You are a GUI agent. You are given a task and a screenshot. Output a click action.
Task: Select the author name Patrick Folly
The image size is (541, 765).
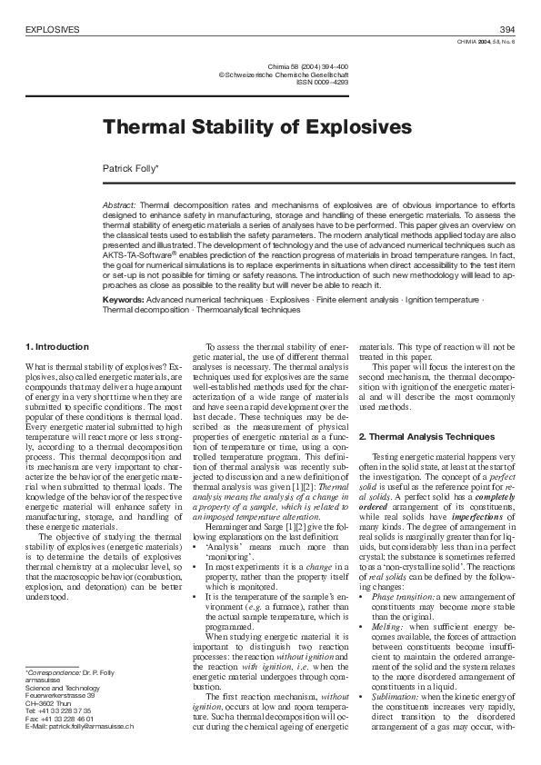[131, 168]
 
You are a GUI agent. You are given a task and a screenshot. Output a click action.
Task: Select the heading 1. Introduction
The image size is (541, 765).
[57, 347]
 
